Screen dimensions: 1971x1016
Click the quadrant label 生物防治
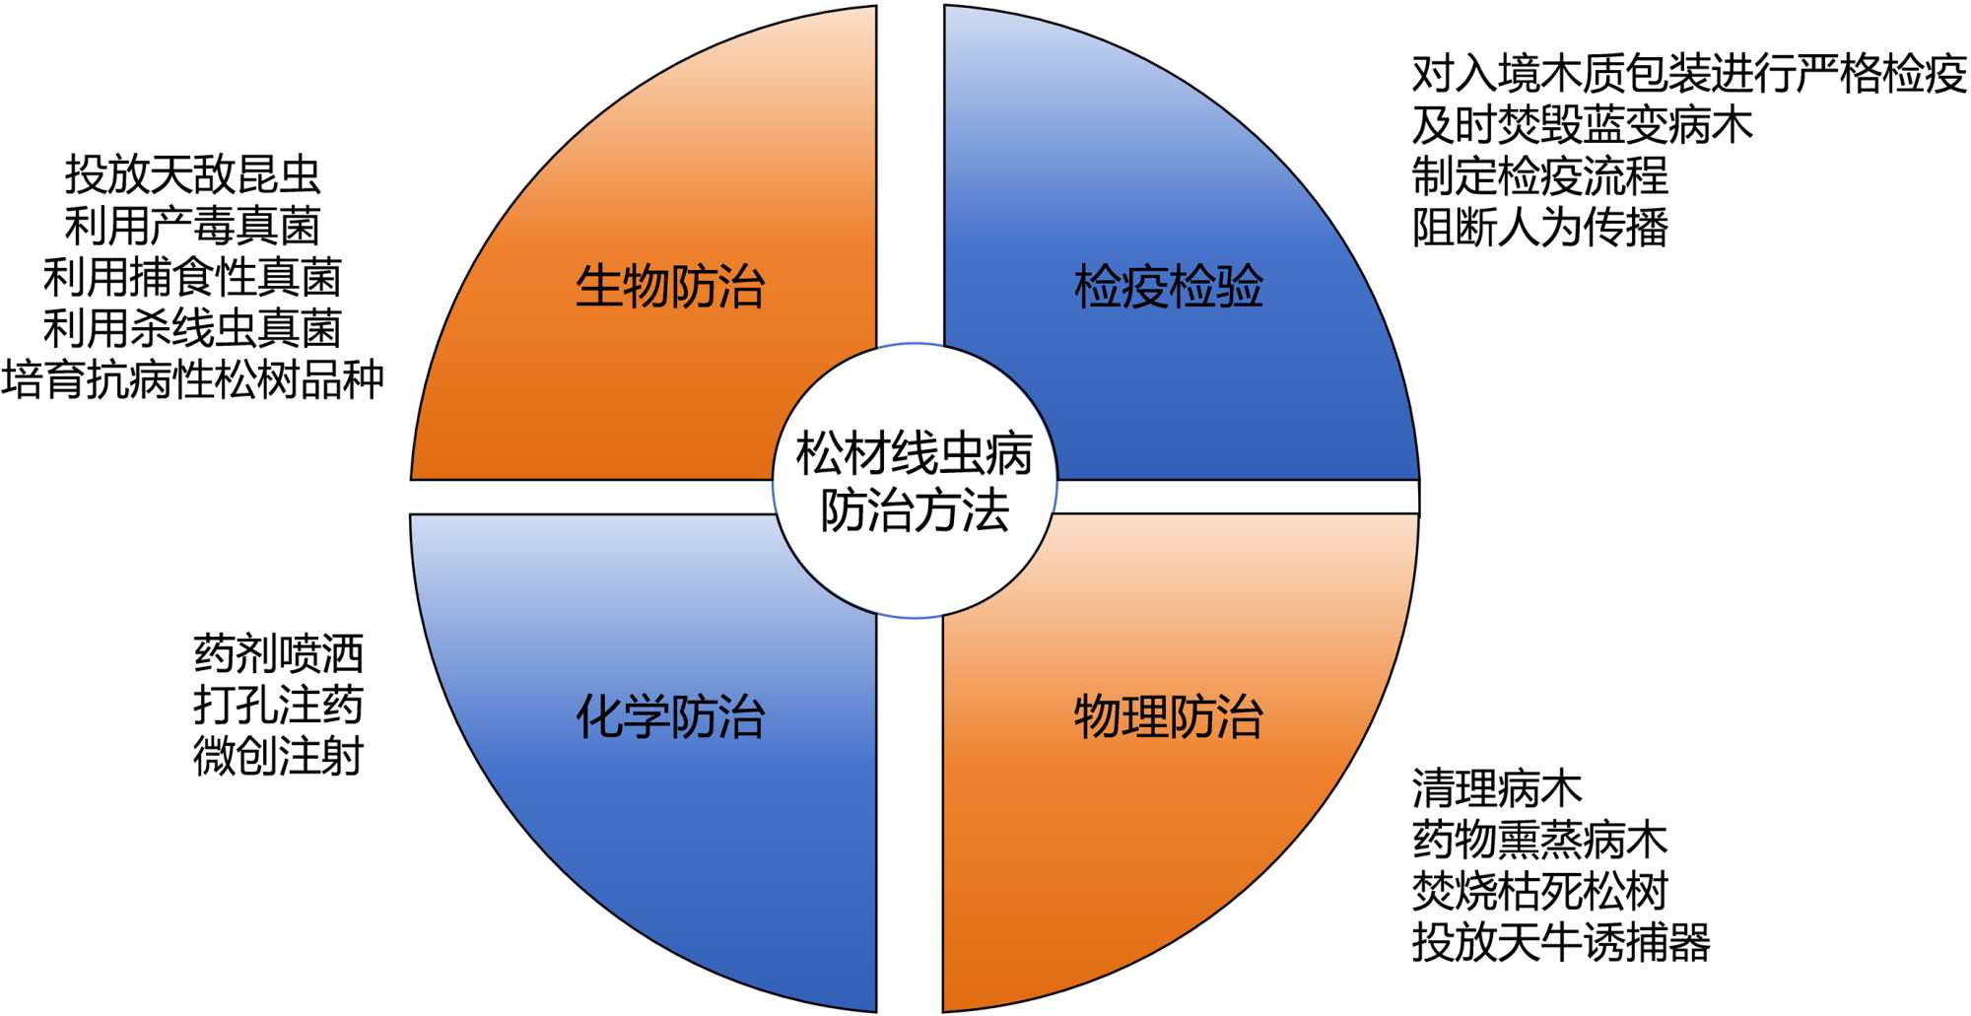click(x=670, y=288)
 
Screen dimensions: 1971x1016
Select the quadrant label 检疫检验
click(x=1168, y=288)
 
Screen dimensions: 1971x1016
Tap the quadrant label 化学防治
click(x=670, y=716)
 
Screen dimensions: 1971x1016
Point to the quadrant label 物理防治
click(x=1168, y=716)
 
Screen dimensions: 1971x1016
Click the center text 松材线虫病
click(x=915, y=454)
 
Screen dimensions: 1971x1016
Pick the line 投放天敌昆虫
click(x=193, y=174)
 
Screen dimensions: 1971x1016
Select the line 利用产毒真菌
click(x=193, y=226)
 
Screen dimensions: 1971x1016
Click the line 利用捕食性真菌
click(x=193, y=277)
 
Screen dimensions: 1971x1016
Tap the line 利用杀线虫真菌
click(x=193, y=328)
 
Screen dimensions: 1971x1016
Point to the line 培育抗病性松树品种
click(x=193, y=379)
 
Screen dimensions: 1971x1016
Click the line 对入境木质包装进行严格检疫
click(x=1689, y=74)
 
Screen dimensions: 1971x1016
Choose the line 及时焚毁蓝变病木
click(x=1583, y=125)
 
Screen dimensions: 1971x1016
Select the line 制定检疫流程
click(x=1540, y=176)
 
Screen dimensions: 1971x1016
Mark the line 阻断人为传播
click(x=1540, y=228)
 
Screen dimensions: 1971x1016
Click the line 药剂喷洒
click(x=279, y=654)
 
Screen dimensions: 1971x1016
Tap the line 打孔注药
click(x=279, y=706)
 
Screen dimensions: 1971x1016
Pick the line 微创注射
click(x=279, y=757)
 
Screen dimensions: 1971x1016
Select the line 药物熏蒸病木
click(x=1540, y=841)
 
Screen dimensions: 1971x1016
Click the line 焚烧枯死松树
click(x=1540, y=892)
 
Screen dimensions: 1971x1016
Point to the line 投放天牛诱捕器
click(x=1561, y=943)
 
